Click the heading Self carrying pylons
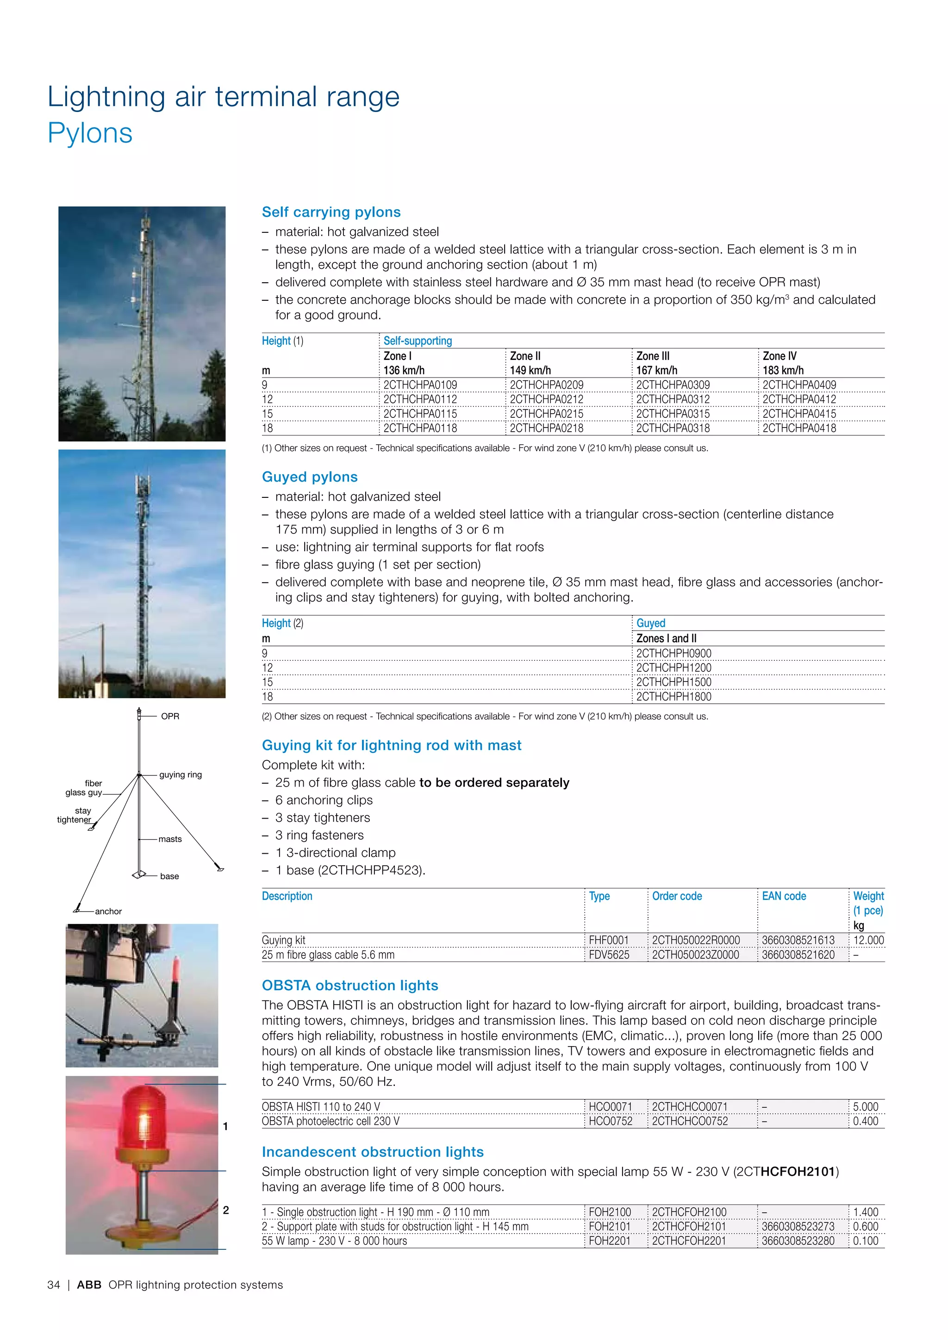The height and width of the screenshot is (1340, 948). [x=331, y=212]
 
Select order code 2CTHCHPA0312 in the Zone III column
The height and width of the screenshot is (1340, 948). [x=673, y=399]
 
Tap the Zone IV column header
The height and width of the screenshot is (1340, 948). [x=780, y=356]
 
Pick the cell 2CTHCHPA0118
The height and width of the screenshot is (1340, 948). [x=420, y=428]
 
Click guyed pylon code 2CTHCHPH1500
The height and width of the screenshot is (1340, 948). [x=674, y=682]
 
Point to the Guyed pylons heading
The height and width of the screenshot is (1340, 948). [x=309, y=477]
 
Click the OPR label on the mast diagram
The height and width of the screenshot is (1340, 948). [x=170, y=716]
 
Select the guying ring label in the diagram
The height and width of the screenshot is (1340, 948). [x=181, y=775]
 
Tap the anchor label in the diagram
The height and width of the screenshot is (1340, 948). [x=109, y=911]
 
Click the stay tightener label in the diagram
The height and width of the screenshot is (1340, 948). [x=75, y=815]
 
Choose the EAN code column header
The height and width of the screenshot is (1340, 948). [x=783, y=896]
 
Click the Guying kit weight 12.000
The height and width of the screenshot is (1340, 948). [x=868, y=940]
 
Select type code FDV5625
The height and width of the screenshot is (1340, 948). [x=609, y=955]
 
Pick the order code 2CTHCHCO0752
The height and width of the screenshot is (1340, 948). [x=689, y=1121]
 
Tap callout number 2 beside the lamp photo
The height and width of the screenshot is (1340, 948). [x=226, y=1210]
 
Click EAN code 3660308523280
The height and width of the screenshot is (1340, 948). [x=798, y=1241]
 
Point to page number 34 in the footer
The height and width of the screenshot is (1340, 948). [x=54, y=1284]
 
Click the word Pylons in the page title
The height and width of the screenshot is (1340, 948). [x=90, y=133]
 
